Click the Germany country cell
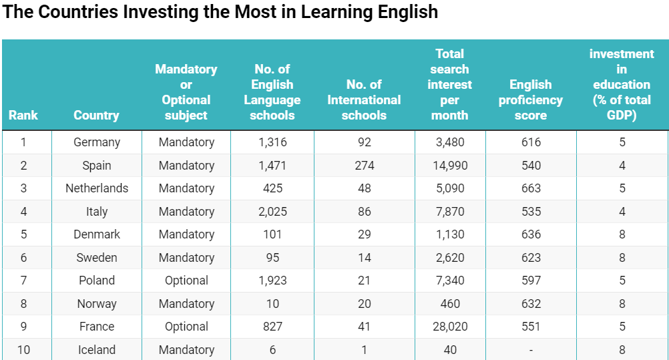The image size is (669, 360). (x=97, y=142)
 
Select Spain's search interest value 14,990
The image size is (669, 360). (x=450, y=166)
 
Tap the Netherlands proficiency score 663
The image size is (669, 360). (x=531, y=188)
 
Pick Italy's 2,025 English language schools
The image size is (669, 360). (x=272, y=212)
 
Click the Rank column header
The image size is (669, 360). (x=23, y=115)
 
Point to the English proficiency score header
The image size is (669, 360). (x=531, y=100)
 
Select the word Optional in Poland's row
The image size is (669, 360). (x=186, y=281)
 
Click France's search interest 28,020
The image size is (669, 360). (x=450, y=327)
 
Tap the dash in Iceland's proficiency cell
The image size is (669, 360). (x=531, y=350)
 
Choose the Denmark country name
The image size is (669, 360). (x=97, y=234)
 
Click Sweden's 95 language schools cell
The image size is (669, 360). (x=272, y=258)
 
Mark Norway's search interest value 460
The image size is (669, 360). (x=450, y=304)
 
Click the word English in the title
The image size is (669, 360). (x=407, y=13)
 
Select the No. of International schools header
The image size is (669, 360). (x=364, y=100)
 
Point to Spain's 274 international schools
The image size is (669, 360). (x=364, y=166)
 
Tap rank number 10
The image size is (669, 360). (x=23, y=350)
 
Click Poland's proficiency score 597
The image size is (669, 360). (x=531, y=281)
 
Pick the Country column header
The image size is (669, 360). (x=97, y=115)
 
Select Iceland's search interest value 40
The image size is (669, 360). (x=450, y=350)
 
